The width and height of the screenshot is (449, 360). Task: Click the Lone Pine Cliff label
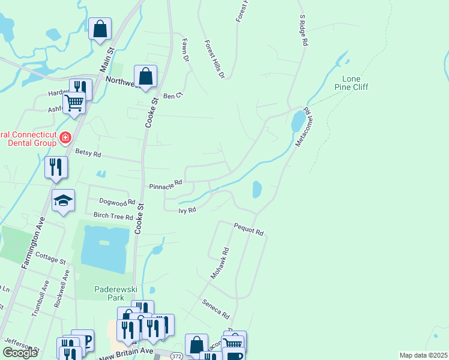(x=355, y=83)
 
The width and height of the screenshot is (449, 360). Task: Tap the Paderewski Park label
(x=109, y=293)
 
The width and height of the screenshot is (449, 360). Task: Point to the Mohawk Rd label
(x=220, y=263)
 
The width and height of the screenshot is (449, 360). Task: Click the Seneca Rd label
(x=216, y=310)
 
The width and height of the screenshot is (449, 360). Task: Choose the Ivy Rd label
(x=187, y=210)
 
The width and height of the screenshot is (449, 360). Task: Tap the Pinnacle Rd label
(x=166, y=184)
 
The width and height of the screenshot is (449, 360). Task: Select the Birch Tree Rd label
(x=113, y=216)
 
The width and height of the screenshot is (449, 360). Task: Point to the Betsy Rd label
(x=88, y=153)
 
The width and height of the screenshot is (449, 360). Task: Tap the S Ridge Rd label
(x=303, y=32)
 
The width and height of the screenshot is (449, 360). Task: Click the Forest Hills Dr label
(x=214, y=60)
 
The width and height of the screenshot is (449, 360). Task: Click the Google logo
(x=20, y=353)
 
